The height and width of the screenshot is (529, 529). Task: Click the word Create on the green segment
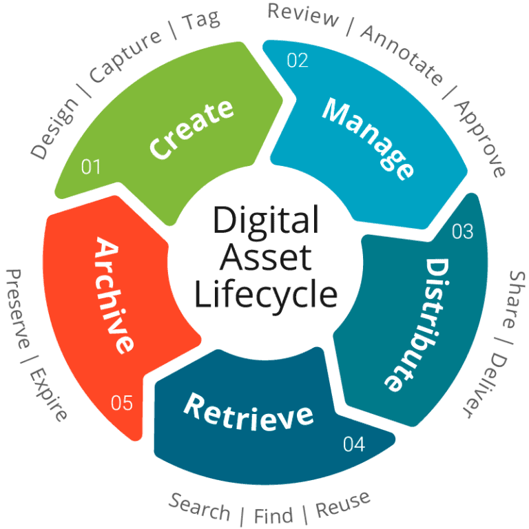[191, 129]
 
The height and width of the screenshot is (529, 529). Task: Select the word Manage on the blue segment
[369, 138]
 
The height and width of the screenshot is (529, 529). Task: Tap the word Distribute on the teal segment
[412, 324]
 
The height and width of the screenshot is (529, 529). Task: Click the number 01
[91, 167]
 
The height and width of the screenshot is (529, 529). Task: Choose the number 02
[297, 61]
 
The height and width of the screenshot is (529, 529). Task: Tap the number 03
[462, 231]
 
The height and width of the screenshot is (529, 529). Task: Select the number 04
[353, 444]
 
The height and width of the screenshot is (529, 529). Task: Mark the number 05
[121, 403]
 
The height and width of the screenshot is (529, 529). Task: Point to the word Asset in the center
[265, 258]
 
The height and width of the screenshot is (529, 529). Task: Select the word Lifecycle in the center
[265, 295]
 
